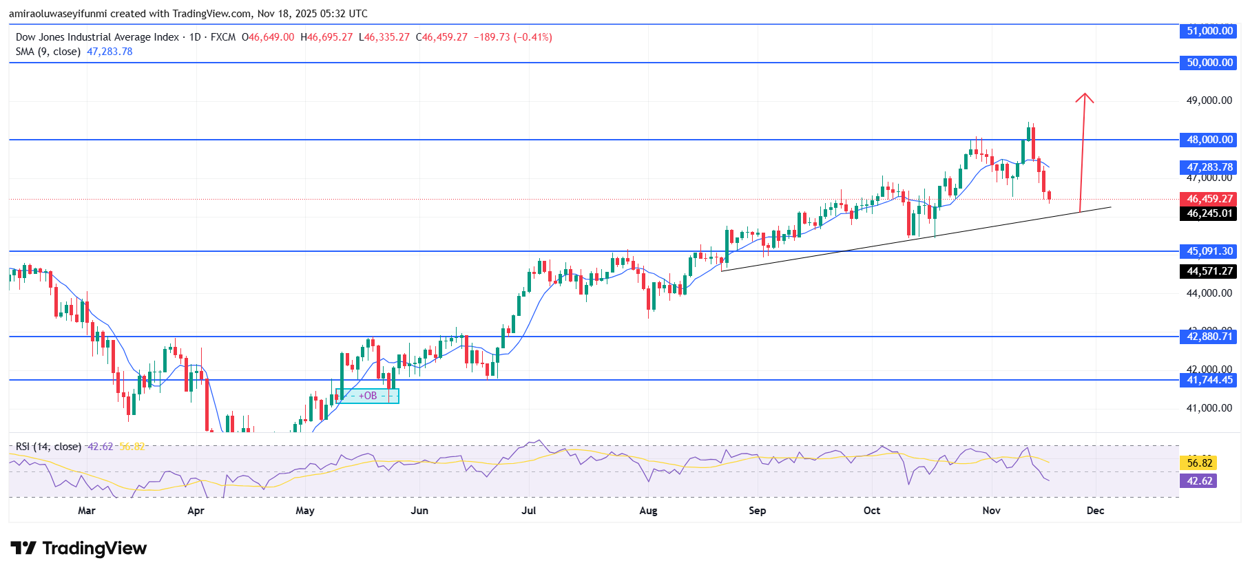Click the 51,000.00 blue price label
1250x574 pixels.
(x=1209, y=31)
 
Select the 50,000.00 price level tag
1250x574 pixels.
(x=1209, y=63)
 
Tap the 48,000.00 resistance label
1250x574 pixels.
(x=1209, y=140)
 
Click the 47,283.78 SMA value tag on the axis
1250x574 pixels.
(x=1209, y=167)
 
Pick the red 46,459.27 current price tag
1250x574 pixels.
(x=1209, y=199)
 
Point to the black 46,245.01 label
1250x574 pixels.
(x=1209, y=213)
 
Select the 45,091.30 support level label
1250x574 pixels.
(x=1209, y=251)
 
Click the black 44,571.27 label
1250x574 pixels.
(x=1209, y=271)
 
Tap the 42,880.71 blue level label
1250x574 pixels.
(x=1209, y=337)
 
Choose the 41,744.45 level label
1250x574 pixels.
(x=1209, y=380)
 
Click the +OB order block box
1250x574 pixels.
(x=368, y=396)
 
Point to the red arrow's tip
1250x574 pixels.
(x=1085, y=95)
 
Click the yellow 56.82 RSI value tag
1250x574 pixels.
(x=1199, y=463)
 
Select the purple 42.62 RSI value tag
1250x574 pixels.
(x=1199, y=481)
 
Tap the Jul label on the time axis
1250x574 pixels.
(x=528, y=511)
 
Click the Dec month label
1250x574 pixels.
(x=1095, y=511)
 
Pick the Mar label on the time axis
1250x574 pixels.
(x=87, y=511)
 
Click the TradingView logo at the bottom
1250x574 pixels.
(x=79, y=549)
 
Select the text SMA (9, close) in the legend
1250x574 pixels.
(x=48, y=52)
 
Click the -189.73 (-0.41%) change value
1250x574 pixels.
(x=512, y=37)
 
